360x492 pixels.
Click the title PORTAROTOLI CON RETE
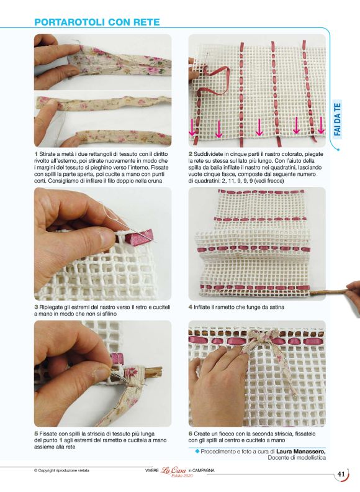click(97, 22)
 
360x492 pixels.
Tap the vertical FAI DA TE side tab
click(337, 119)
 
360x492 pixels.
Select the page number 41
click(341, 474)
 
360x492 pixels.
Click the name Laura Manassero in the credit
click(301, 451)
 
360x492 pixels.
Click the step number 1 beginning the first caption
click(36, 154)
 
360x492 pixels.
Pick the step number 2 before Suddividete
click(191, 154)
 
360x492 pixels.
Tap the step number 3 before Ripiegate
click(36, 307)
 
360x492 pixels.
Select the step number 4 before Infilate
click(191, 307)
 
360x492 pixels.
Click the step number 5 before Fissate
click(36, 434)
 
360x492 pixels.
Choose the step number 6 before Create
click(191, 434)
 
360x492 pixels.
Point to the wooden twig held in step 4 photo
click(328, 291)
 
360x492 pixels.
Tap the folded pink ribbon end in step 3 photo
click(140, 236)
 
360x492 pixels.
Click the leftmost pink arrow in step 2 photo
click(192, 128)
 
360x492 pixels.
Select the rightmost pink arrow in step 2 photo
click(320, 125)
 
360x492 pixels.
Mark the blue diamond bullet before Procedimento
click(197, 451)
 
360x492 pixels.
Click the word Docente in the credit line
click(278, 458)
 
